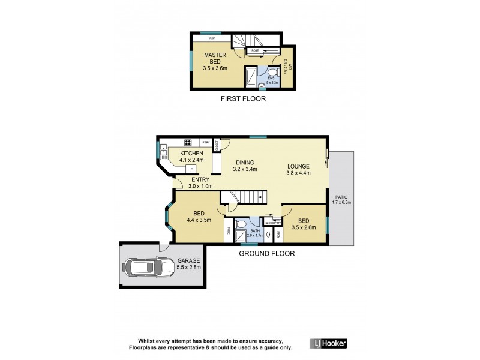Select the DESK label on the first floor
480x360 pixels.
click(x=211, y=38)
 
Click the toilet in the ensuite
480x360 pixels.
click(x=262, y=85)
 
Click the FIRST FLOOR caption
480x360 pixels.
click(x=242, y=99)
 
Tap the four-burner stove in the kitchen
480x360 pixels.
click(x=187, y=143)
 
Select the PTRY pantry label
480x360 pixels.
click(x=205, y=142)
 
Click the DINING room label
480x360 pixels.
click(x=245, y=162)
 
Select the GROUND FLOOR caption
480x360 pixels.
click(x=267, y=253)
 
